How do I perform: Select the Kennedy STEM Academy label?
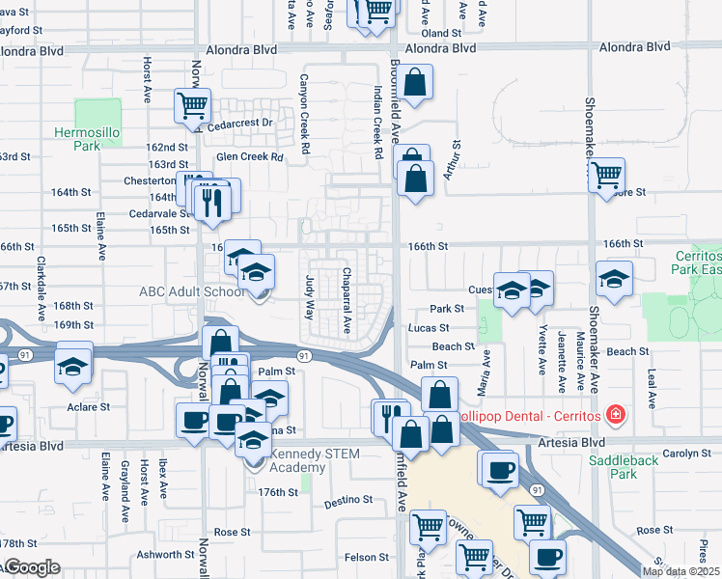302,460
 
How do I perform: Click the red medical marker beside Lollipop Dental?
615,415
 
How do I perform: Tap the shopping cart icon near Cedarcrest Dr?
193,105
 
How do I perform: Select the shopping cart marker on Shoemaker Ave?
606,176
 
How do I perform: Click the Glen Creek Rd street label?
251,156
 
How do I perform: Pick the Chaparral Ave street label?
347,301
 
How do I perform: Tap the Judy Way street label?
310,297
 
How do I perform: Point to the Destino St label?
347,501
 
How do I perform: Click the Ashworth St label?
165,555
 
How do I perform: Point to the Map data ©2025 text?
681,571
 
